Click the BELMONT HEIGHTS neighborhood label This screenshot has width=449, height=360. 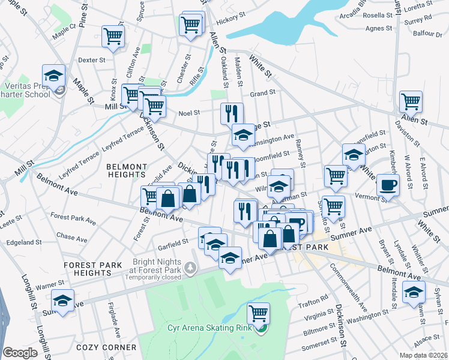pos(126,170)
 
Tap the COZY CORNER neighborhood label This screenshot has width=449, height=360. pos(106,347)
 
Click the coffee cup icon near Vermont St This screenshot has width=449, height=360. pos(388,184)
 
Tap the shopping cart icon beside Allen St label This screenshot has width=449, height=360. pos(411,101)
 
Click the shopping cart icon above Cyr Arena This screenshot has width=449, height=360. pos(258,313)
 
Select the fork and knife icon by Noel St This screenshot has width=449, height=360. pos(232,112)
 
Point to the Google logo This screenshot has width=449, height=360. pos(20,353)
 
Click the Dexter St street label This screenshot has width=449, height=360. pos(92,60)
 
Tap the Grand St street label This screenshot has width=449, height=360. pos(262,93)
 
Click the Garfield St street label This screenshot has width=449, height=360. pos(173,244)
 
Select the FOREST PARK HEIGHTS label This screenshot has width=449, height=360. pos(94,268)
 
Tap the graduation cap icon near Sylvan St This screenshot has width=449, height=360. pos(414,292)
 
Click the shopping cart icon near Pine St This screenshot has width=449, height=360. pos(113,36)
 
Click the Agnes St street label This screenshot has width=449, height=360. pos(379,28)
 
